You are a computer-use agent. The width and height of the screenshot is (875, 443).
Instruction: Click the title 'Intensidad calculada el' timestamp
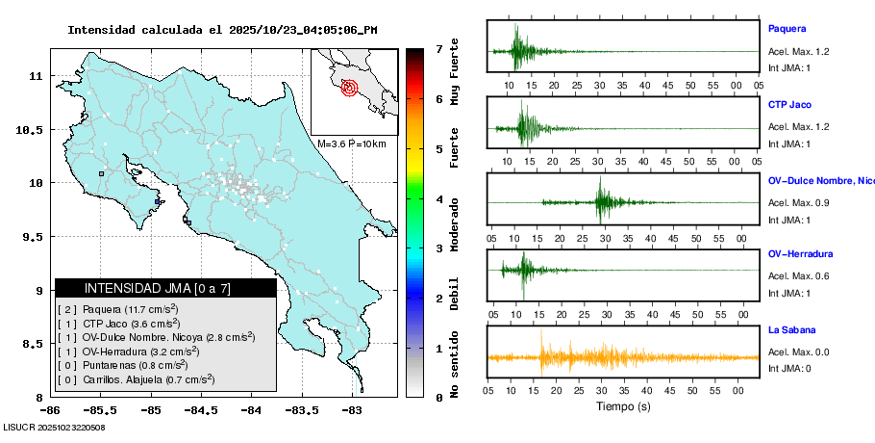pos(222,29)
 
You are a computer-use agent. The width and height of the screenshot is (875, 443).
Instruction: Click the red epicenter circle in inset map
pos(349,88)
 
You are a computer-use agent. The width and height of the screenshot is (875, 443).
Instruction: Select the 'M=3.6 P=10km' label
pos(351,143)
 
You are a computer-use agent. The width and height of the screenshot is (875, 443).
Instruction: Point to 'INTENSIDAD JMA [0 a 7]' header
pos(158,288)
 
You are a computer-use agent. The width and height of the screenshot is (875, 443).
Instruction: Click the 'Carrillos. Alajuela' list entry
pos(136,379)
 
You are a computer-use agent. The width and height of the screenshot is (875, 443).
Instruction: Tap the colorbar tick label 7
pos(438,48)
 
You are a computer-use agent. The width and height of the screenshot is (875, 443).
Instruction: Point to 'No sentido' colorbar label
pos(454,366)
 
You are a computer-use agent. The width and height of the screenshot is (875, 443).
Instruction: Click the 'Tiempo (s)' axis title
pos(623,406)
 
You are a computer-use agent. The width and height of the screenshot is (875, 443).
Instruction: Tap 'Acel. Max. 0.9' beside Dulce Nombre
pos(798,202)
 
